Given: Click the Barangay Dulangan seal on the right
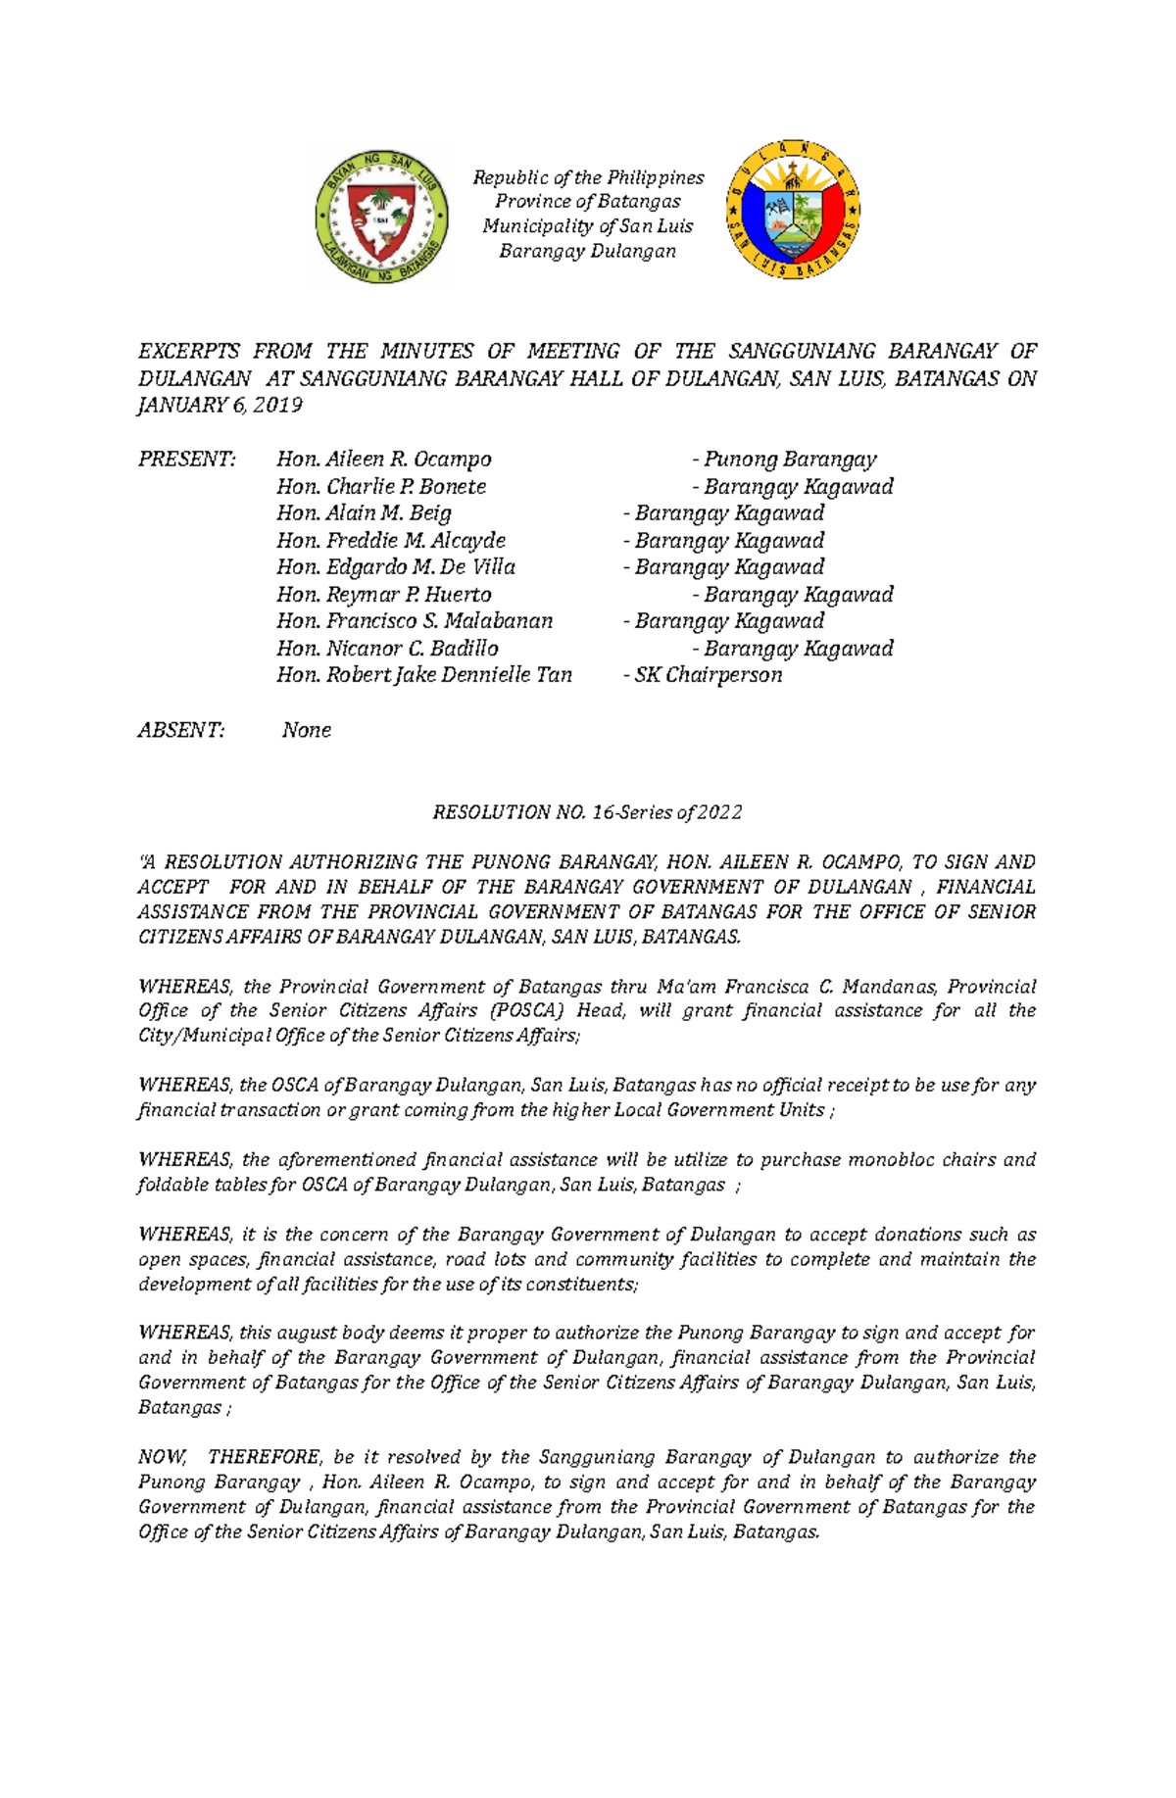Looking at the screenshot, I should pos(793,210).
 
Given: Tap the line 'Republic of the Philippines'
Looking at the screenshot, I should pos(588,177).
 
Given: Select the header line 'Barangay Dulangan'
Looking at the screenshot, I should pos(587,251).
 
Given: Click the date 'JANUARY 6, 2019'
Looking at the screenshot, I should pos(220,405).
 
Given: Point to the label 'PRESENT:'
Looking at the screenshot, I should pos(186,460).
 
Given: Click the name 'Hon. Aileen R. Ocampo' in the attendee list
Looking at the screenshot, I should pos(383,460).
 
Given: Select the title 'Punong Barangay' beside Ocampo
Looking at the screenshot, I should pos(790,460).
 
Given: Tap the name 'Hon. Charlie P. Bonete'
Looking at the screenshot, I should pos(381,487).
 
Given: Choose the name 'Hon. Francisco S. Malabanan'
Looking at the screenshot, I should pos(415,621).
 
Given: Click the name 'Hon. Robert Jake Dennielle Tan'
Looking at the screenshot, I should pos(423,675).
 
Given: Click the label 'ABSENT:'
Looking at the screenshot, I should pos(180,730).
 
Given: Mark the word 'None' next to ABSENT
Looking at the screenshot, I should pos(306,730).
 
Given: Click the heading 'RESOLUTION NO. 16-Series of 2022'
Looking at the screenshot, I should pos(587,812).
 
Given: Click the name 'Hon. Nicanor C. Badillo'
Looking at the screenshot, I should pos(387,649).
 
